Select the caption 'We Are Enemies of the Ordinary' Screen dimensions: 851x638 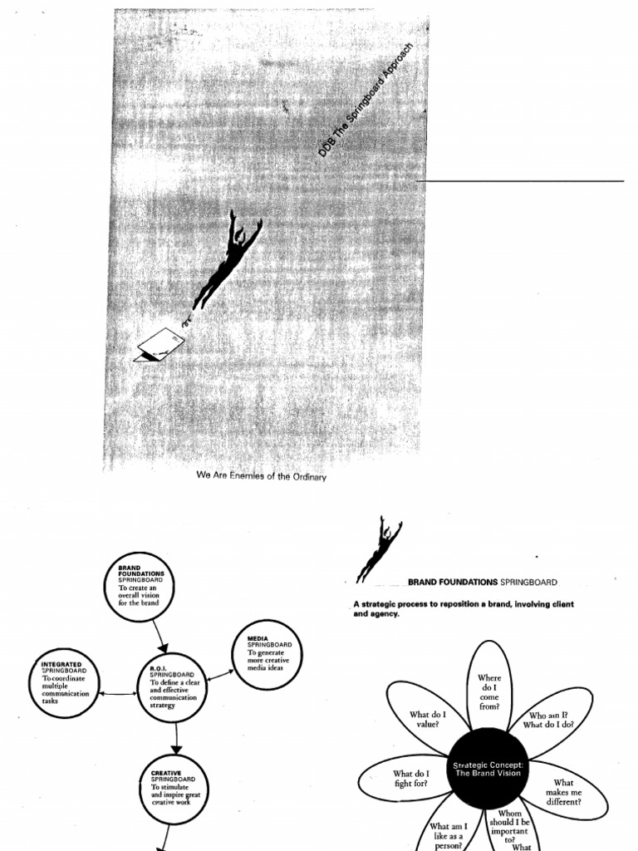262,477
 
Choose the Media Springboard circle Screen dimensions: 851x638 266,653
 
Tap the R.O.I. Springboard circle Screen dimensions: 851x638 171,687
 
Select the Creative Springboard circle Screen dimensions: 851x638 174,790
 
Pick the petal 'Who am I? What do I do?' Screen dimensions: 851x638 549,719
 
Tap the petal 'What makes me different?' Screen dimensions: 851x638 565,792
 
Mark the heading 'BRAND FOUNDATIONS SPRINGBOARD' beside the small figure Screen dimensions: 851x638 483,583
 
